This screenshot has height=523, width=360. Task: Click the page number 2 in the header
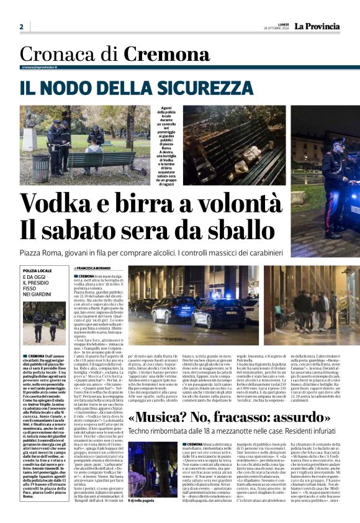[21, 27]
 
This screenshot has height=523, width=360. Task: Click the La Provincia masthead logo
[317, 26]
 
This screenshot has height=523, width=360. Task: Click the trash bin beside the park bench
[42, 167]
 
